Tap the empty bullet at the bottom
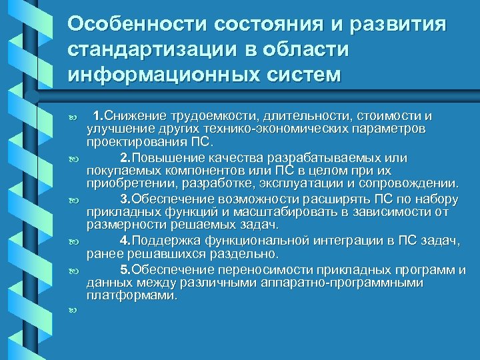click(x=73, y=311)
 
